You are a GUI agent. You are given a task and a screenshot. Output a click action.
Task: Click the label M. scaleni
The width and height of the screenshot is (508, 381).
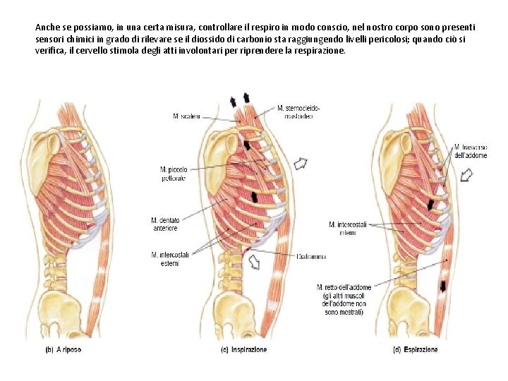[x=186, y=115]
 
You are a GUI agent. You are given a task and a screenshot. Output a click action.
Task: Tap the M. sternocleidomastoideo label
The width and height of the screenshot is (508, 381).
[x=298, y=111]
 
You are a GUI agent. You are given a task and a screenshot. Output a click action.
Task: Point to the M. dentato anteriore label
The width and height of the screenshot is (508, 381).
[x=166, y=224]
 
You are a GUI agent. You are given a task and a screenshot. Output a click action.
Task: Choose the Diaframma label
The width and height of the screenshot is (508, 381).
[x=311, y=257]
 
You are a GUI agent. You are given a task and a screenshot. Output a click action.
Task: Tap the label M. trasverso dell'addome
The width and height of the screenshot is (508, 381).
[x=470, y=151]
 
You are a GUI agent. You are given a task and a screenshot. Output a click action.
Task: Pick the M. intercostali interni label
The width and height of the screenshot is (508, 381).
[x=346, y=229]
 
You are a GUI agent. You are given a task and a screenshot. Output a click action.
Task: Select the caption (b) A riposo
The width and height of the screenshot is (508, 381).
[x=64, y=350]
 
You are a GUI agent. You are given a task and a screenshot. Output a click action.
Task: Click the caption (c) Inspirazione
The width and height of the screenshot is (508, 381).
[x=243, y=350]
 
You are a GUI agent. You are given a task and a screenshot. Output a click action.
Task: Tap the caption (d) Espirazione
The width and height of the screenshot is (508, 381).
[x=415, y=350]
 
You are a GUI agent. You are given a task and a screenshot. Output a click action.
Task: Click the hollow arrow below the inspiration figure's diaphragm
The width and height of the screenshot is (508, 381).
[x=254, y=262]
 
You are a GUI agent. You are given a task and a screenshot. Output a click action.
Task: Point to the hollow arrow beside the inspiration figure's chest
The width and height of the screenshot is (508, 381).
[x=301, y=164]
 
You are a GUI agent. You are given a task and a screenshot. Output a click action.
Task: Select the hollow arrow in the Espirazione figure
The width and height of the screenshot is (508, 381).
[x=466, y=175]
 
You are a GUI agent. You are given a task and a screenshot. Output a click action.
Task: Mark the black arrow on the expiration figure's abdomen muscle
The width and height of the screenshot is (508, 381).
[x=442, y=286]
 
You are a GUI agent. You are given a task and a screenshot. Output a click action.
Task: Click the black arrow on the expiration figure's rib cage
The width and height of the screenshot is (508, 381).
[x=431, y=205]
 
